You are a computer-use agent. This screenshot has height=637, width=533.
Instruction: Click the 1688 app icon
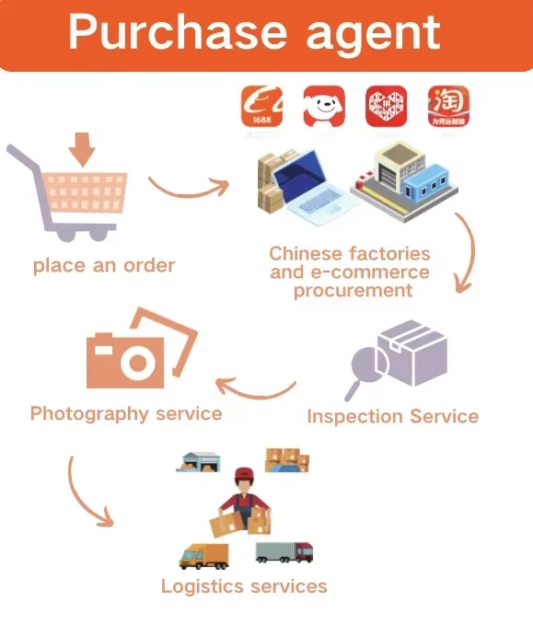click(261, 106)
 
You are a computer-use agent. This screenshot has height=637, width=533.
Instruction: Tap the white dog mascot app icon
click(324, 106)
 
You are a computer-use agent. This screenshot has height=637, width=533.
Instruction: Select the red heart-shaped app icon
click(386, 106)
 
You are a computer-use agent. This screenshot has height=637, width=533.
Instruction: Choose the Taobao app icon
click(448, 106)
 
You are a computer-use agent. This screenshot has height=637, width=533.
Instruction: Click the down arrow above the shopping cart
click(82, 149)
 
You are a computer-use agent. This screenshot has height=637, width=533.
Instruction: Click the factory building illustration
click(404, 180)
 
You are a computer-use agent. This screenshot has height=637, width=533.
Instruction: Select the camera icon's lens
click(137, 362)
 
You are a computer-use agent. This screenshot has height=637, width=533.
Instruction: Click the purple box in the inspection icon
click(412, 353)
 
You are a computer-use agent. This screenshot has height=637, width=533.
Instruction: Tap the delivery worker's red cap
click(244, 473)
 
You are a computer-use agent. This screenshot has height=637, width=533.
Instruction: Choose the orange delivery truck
click(204, 556)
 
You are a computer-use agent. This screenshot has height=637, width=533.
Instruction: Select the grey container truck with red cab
click(284, 552)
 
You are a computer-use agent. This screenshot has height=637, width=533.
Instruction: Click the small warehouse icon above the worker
click(198, 462)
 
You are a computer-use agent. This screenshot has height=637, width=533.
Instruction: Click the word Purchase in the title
click(178, 31)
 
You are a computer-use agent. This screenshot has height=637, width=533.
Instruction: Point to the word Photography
click(89, 414)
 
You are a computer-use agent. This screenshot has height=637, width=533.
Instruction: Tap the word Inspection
click(354, 417)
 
